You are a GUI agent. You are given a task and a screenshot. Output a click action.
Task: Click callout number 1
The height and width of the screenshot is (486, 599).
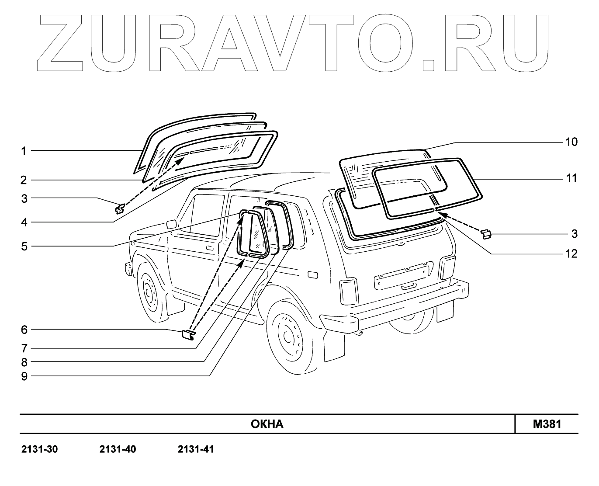(24, 151)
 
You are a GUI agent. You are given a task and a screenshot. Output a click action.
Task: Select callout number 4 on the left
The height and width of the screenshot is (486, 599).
(24, 222)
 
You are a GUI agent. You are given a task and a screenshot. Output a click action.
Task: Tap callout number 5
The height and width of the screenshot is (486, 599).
(24, 246)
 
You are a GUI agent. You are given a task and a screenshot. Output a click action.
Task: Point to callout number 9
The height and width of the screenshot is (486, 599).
(24, 376)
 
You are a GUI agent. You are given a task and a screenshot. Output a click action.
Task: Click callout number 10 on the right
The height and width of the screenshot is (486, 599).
(571, 142)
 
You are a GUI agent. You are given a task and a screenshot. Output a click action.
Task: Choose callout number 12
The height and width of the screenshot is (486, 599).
(571, 254)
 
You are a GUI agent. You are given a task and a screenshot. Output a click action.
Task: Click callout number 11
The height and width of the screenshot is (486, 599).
(571, 178)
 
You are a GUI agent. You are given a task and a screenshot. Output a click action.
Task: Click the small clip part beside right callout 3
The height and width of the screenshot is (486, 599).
(486, 234)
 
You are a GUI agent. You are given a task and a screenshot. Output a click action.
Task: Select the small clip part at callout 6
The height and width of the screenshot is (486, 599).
(188, 335)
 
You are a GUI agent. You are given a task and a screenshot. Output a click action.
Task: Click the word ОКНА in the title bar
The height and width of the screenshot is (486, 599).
(267, 424)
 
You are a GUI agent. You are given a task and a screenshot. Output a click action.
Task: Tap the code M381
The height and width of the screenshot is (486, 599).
(547, 424)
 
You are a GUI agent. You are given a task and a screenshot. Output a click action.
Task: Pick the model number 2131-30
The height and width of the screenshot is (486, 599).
(39, 449)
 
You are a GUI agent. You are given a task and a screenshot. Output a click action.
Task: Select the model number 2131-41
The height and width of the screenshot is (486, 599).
(196, 449)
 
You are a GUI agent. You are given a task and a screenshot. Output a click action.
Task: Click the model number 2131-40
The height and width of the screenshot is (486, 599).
(118, 449)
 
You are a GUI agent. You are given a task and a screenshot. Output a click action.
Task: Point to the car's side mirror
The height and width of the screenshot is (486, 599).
(171, 224)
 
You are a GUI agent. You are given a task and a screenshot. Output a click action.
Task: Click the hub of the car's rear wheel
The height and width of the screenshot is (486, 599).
(288, 336)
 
